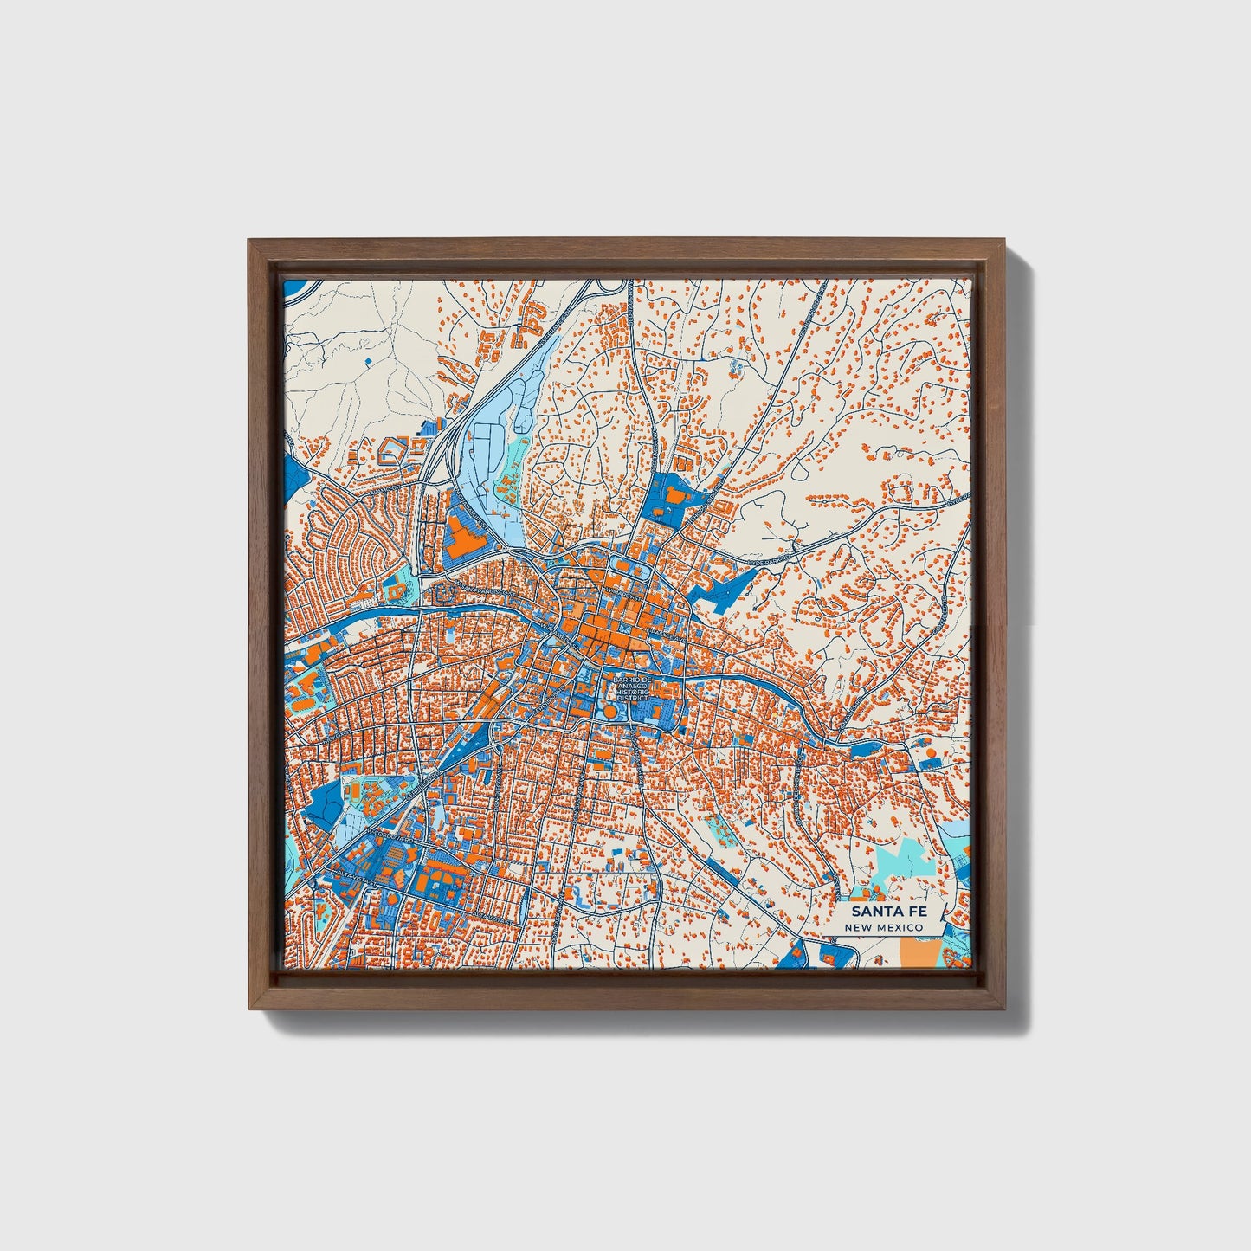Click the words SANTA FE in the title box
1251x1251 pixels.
(x=882, y=912)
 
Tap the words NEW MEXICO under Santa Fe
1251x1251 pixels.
(x=884, y=927)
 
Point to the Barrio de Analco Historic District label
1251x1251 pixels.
(x=630, y=689)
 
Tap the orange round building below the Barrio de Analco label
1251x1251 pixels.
(x=610, y=712)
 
